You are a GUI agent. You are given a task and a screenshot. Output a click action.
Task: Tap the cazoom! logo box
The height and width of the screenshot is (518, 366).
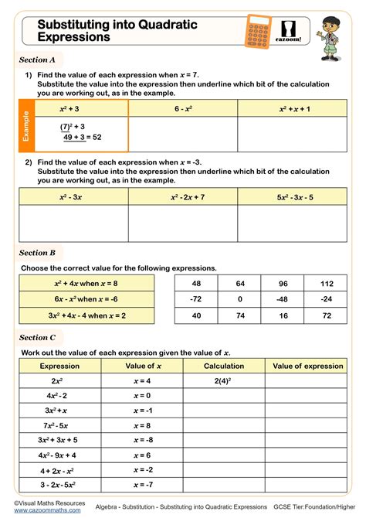(292, 30)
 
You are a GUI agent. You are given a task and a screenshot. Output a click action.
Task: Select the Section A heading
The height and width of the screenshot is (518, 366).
(37, 60)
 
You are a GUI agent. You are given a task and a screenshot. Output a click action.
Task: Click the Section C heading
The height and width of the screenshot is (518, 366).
(37, 337)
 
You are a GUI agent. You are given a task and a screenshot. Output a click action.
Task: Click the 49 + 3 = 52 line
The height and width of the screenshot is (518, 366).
(82, 137)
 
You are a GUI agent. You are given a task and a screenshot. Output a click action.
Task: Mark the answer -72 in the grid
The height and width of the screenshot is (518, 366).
(196, 298)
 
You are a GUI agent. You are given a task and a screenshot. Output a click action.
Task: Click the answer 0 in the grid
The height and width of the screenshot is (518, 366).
(240, 298)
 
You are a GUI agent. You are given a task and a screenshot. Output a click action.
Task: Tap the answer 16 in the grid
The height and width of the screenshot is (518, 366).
(283, 315)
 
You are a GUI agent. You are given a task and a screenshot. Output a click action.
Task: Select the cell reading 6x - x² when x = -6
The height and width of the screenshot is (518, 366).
(86, 298)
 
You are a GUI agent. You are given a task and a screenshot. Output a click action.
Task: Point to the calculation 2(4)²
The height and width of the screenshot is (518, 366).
(224, 380)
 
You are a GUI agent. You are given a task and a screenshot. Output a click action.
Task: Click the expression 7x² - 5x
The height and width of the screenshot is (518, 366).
(56, 424)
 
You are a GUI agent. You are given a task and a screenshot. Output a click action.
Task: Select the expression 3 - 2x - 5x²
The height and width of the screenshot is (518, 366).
(56, 484)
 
